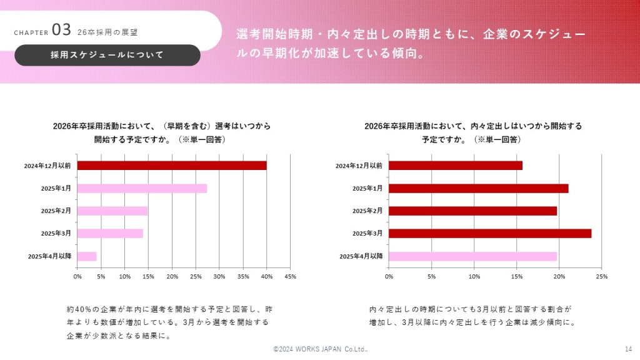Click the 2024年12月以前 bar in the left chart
172,166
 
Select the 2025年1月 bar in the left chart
142,188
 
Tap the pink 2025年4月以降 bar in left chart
87,256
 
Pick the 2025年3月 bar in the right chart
490,234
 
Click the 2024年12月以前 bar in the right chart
456,166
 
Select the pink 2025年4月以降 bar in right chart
472,256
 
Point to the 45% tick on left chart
290,276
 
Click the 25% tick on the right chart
601,276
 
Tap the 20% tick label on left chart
172,276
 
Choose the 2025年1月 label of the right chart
367,189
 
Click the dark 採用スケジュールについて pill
107,55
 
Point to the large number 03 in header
61,30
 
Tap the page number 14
628,349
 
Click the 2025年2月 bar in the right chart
472,211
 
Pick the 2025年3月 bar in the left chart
110,234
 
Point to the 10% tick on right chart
474,276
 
